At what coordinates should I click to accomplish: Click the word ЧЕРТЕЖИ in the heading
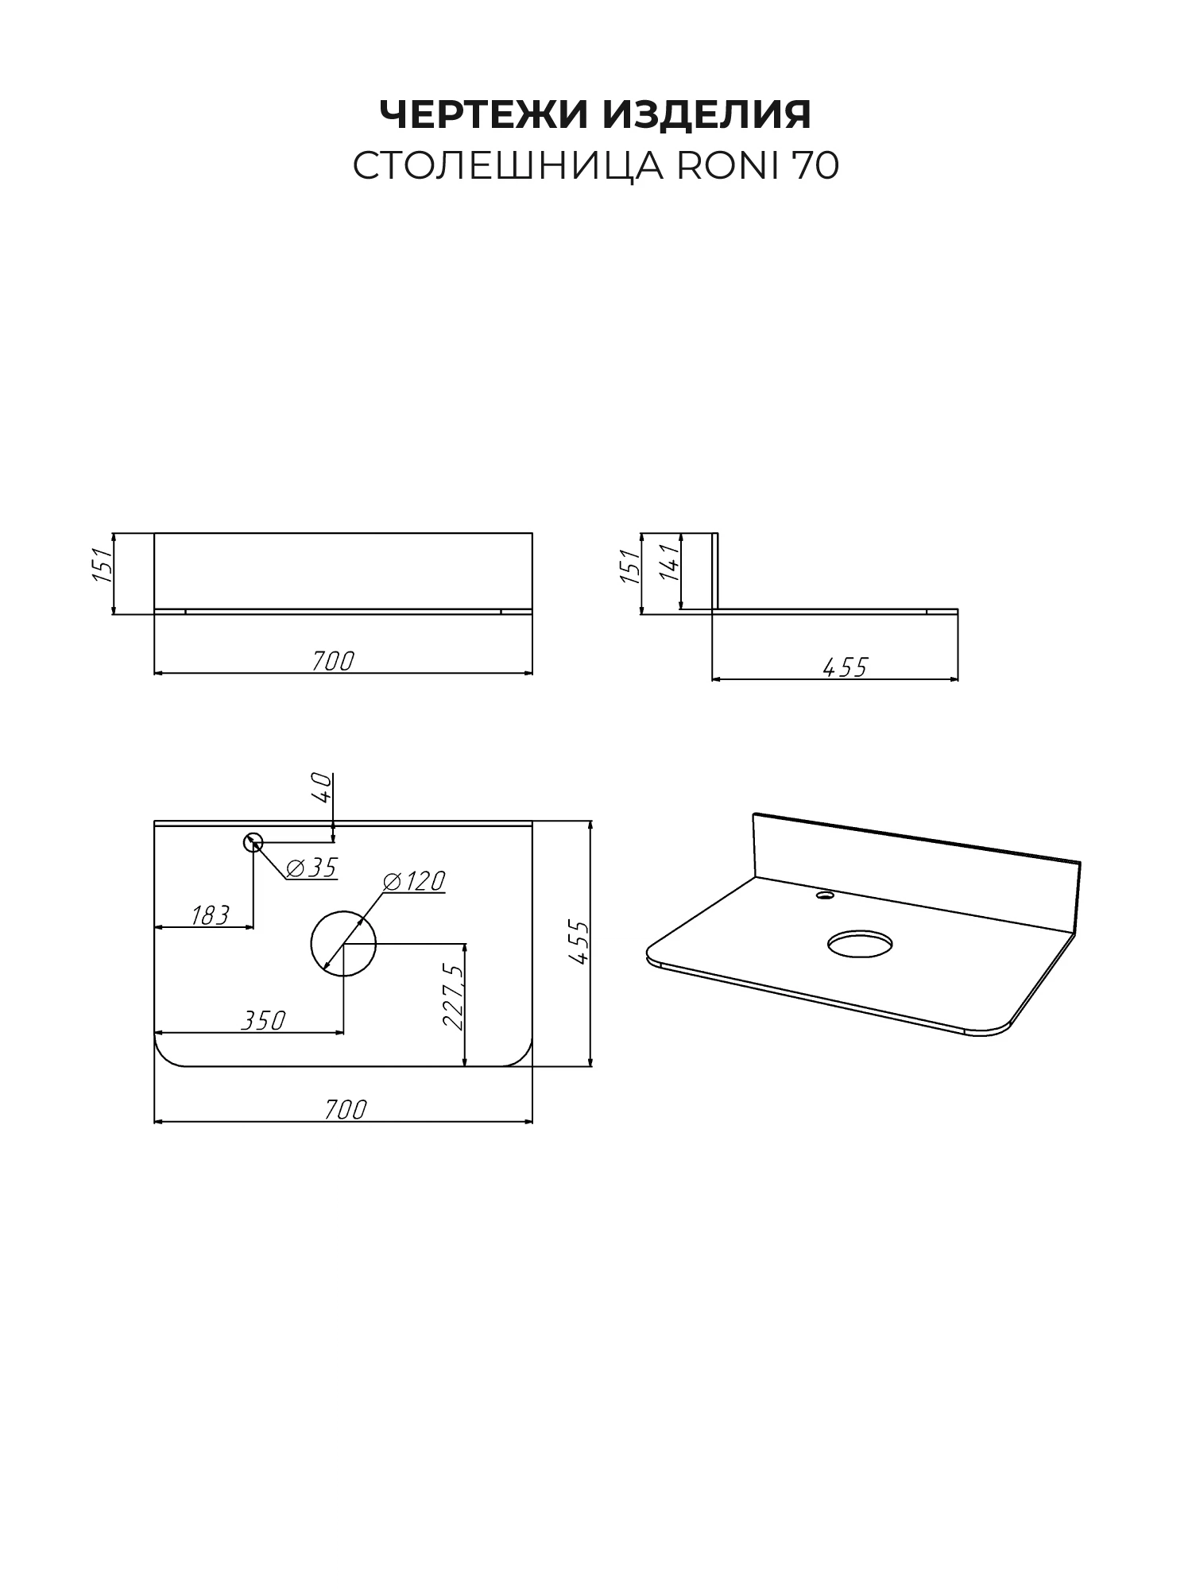coord(485,114)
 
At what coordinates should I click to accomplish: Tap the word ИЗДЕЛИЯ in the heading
coord(707,114)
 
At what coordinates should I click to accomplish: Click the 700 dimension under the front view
coord(332,660)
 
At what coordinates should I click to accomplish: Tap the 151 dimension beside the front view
coord(103,566)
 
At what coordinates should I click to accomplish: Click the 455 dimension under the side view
coord(845,667)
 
